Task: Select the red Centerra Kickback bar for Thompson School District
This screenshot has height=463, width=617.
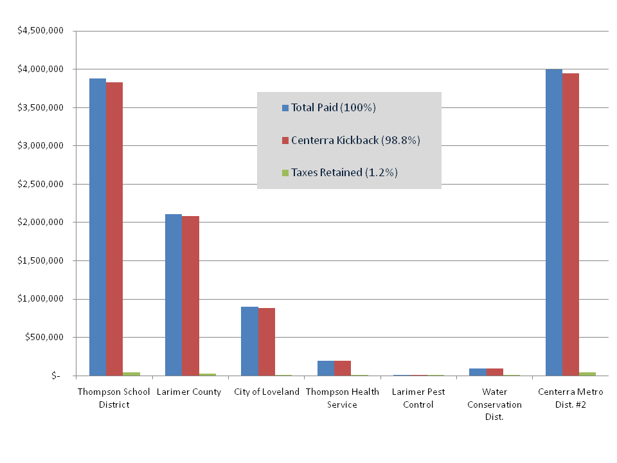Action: coord(114,229)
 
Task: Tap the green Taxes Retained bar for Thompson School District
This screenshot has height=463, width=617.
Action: coord(131,374)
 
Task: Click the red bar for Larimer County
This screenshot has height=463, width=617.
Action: coord(190,296)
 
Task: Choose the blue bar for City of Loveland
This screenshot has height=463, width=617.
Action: coord(249,341)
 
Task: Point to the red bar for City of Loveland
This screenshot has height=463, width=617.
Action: coord(266,341)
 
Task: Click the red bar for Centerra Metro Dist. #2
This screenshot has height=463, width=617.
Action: coord(571,224)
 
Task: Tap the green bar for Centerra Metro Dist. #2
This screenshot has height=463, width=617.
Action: coord(587,374)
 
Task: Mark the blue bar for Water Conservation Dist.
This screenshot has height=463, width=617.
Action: coord(478,372)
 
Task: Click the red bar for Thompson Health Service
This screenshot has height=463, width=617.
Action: coord(343,368)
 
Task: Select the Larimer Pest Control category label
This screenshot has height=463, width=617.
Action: coord(418,398)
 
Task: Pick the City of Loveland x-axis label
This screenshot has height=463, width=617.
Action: coord(267,392)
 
